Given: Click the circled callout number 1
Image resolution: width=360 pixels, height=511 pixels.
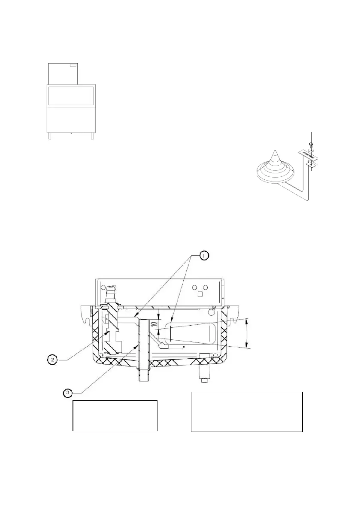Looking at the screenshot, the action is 204,255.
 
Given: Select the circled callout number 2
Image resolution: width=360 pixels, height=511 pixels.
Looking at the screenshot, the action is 52,359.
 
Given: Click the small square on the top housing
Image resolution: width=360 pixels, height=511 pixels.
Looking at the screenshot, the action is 200,294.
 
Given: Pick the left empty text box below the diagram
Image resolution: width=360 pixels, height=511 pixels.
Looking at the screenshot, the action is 115,415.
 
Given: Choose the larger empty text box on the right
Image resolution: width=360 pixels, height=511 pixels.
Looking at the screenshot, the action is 247,411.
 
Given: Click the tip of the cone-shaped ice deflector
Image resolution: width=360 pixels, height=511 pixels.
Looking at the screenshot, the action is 273,151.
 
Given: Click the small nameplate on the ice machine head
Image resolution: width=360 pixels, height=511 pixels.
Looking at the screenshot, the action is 73,66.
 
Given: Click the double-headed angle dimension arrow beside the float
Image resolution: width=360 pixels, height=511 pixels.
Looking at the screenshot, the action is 247,333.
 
